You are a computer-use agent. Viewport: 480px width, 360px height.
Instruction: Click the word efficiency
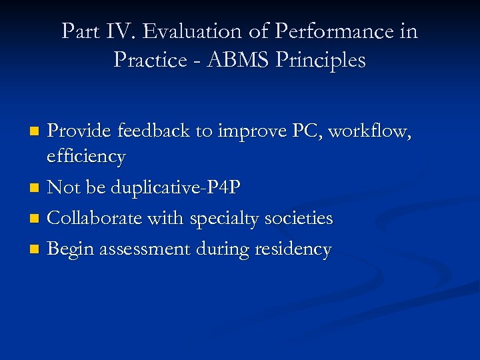86,157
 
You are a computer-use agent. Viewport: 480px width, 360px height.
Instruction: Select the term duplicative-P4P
175,187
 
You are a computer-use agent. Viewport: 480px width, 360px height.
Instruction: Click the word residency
293,249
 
